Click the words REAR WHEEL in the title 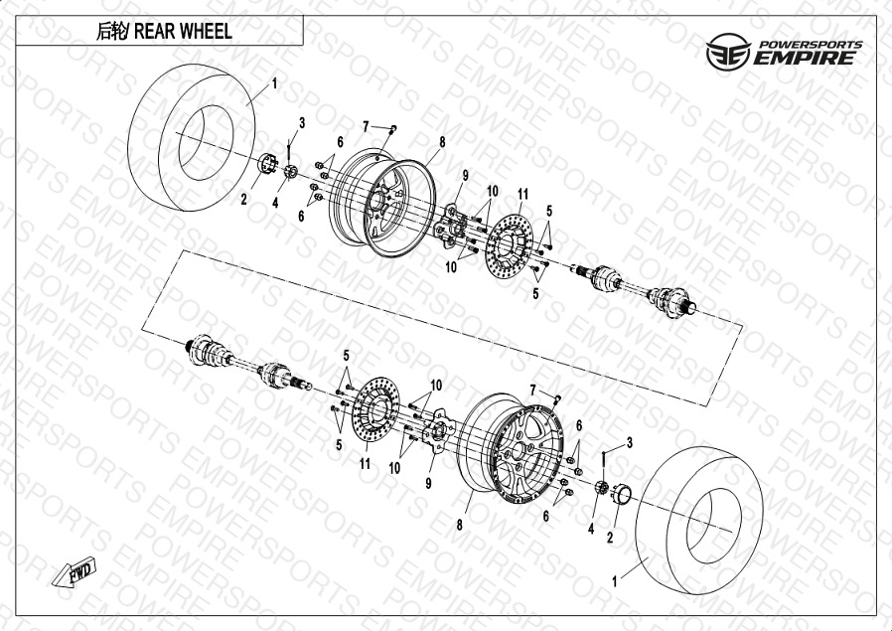click(183, 31)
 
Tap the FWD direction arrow click(74, 571)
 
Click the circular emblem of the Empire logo click(728, 52)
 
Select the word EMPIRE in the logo click(805, 58)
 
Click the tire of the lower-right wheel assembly click(699, 520)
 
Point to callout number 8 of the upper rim click(442, 142)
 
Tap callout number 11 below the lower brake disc click(365, 464)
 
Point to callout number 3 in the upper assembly click(302, 122)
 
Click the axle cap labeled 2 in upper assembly click(267, 164)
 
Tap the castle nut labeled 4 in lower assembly click(602, 488)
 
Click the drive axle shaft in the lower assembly click(248, 362)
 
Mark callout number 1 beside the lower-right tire click(615, 581)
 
